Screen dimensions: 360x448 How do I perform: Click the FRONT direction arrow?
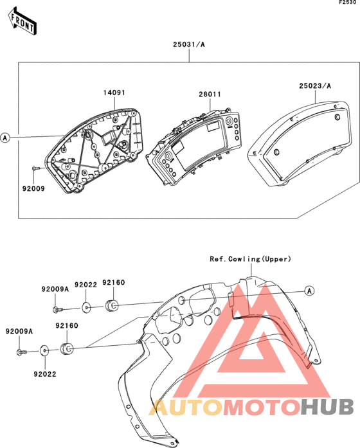(22, 21)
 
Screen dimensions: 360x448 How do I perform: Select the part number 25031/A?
(189, 44)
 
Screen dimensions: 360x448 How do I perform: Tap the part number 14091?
(114, 93)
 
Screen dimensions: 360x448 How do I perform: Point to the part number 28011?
(210, 94)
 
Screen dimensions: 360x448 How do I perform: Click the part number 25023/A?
(315, 85)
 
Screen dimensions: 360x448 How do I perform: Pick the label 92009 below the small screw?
(33, 188)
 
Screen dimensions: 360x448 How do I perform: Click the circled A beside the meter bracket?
(5, 138)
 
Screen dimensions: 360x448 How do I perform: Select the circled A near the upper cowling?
(309, 291)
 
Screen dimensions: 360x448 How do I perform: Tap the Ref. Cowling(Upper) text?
(251, 259)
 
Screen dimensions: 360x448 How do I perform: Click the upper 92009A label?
(55, 289)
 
